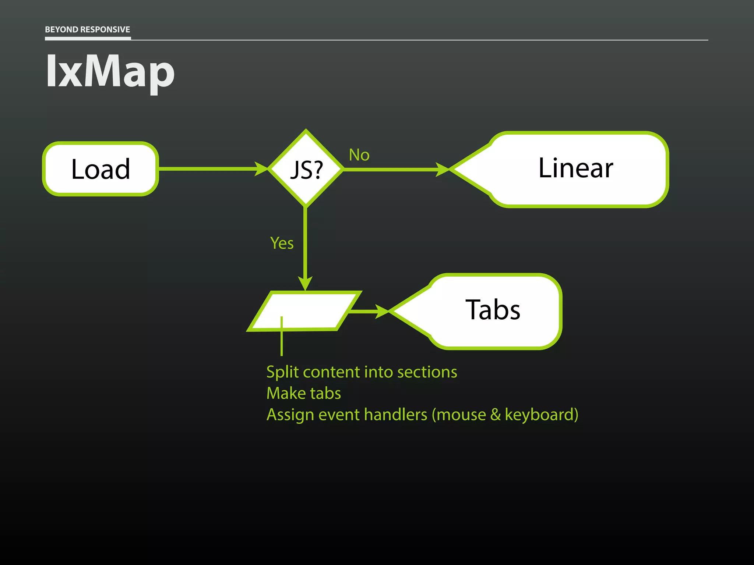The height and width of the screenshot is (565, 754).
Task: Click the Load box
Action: click(101, 169)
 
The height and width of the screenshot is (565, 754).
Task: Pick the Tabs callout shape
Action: click(493, 311)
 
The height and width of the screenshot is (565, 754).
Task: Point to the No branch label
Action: click(359, 155)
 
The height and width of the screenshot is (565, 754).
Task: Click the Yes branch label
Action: click(282, 243)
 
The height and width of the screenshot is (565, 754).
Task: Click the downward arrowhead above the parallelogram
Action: click(305, 283)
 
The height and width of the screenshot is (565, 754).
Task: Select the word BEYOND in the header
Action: click(61, 29)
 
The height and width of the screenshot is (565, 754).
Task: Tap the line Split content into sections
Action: click(362, 372)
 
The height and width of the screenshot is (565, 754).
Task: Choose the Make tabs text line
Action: click(304, 393)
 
